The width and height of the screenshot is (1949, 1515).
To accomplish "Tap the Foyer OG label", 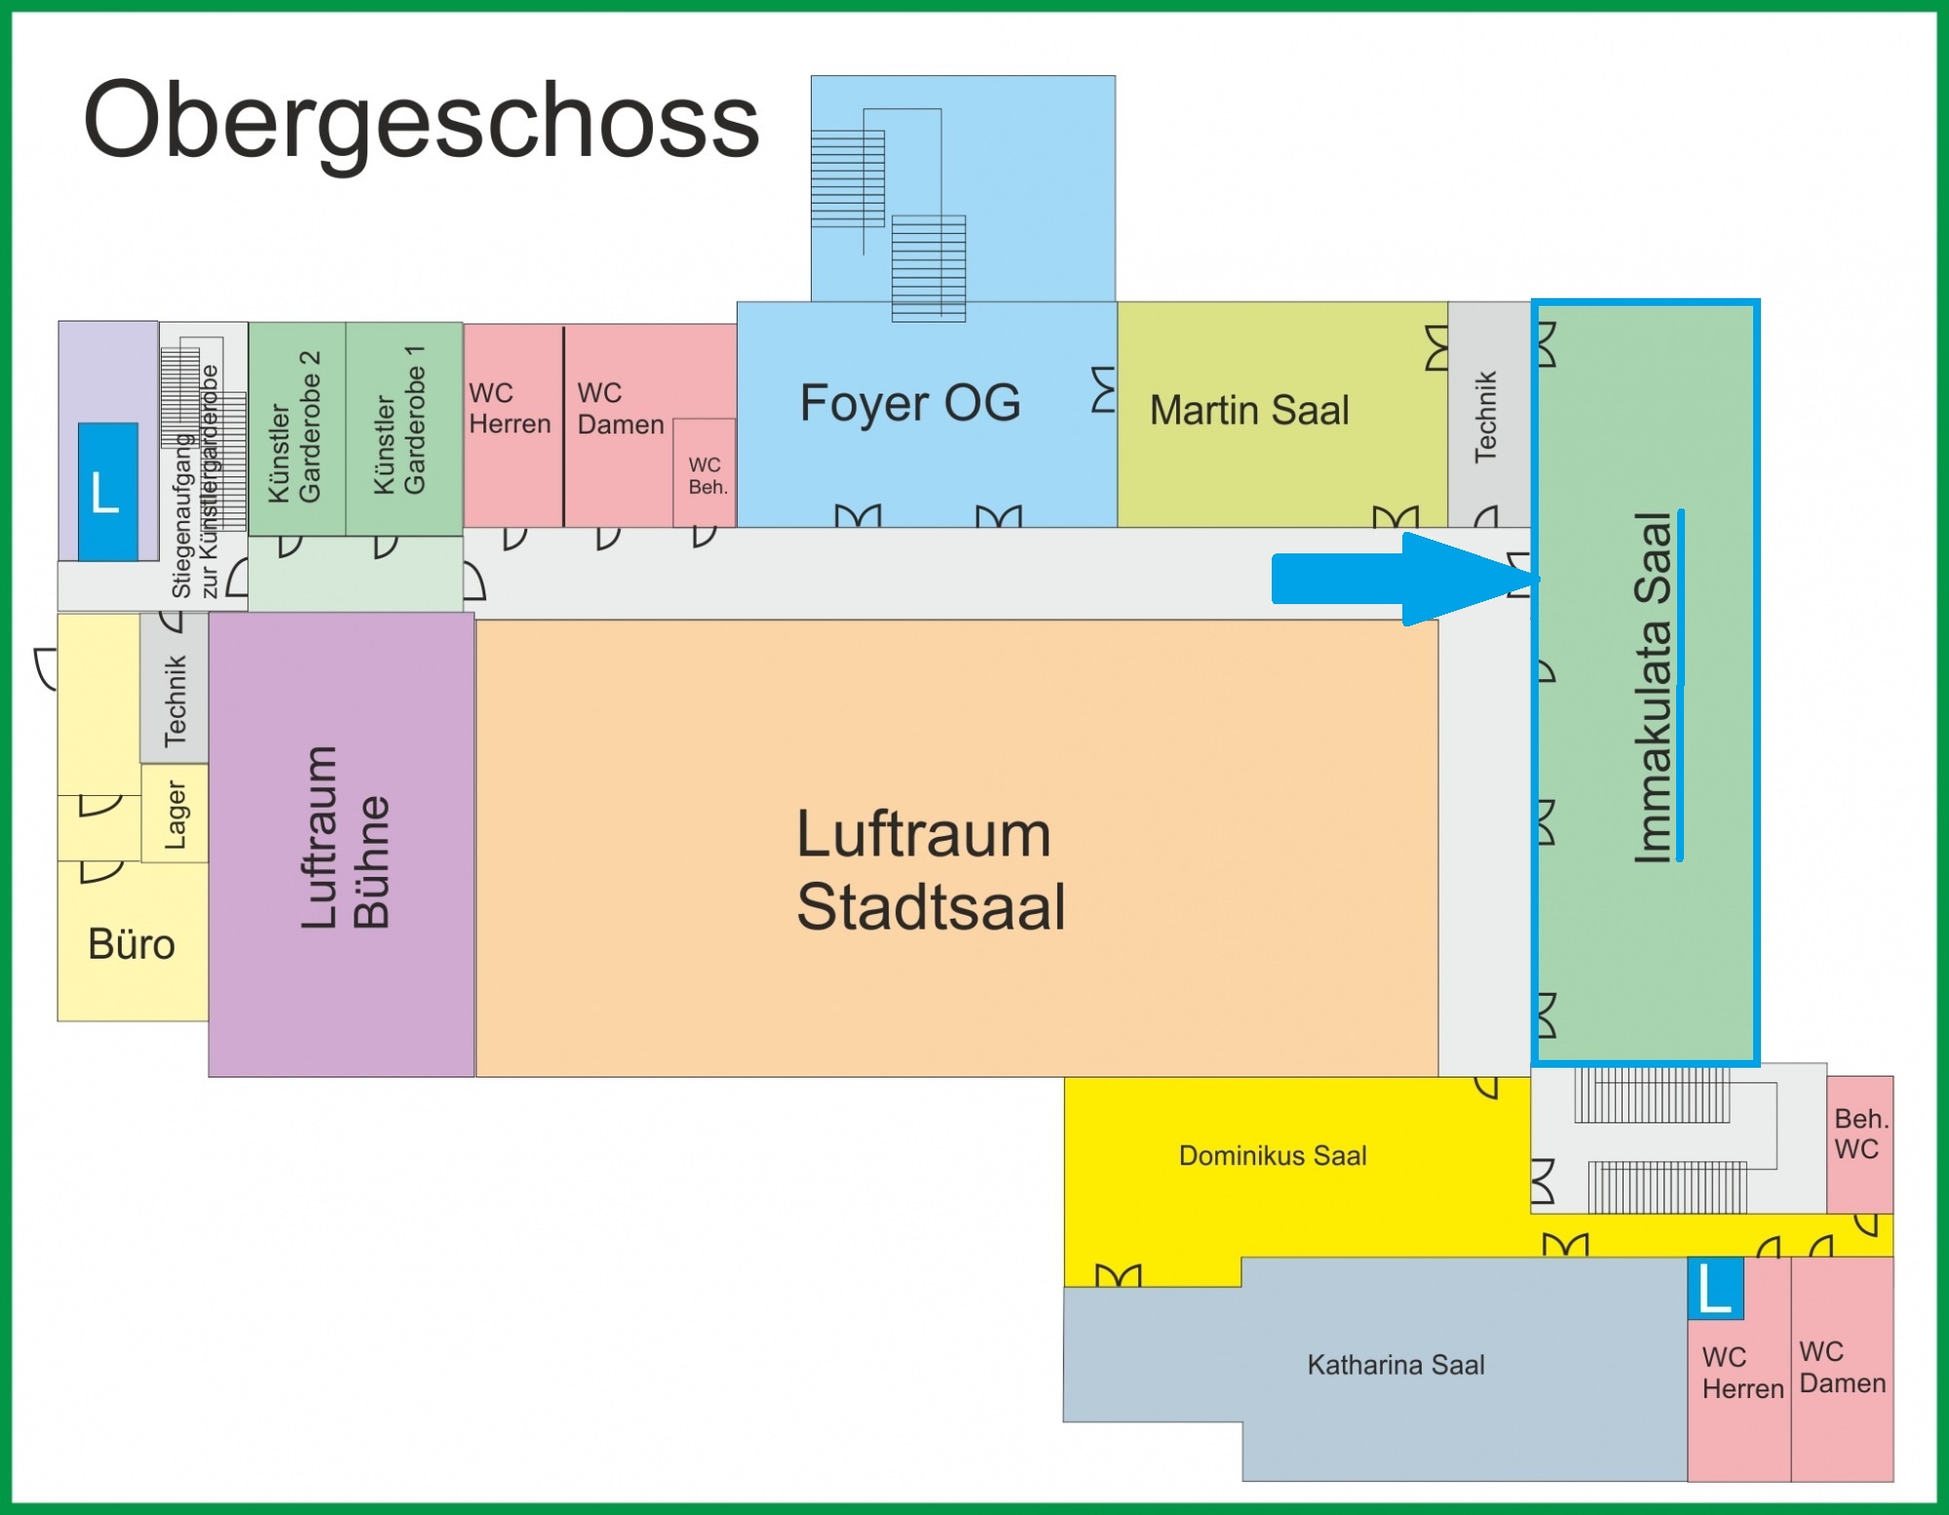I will [910, 403].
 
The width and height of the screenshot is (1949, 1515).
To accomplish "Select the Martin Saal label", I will [1249, 410].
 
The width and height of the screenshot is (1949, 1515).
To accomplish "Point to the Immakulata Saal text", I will [1653, 687].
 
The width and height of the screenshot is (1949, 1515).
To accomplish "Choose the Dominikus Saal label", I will [1273, 1155].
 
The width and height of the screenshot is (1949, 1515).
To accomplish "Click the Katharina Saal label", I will [1395, 1365].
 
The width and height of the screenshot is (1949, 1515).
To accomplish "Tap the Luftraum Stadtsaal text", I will [931, 870].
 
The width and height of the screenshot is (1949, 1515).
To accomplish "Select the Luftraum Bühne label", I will [345, 837].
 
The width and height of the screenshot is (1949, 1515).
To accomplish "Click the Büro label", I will [132, 944].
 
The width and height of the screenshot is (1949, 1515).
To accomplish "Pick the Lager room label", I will [175, 814].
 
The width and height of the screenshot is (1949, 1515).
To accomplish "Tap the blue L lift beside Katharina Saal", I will [1715, 1288].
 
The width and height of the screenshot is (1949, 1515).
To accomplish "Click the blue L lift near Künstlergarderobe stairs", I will [107, 492].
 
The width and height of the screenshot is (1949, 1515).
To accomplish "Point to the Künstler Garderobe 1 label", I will [400, 420].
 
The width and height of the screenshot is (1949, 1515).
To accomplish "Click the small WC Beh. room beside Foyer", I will [706, 474].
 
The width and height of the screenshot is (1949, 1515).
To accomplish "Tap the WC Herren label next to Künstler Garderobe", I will [510, 409].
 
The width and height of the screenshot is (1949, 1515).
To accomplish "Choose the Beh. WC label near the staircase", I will [1860, 1134].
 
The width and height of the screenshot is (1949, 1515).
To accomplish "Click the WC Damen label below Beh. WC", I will [1842, 1368].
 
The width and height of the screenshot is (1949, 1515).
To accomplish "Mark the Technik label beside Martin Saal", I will [1485, 416].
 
